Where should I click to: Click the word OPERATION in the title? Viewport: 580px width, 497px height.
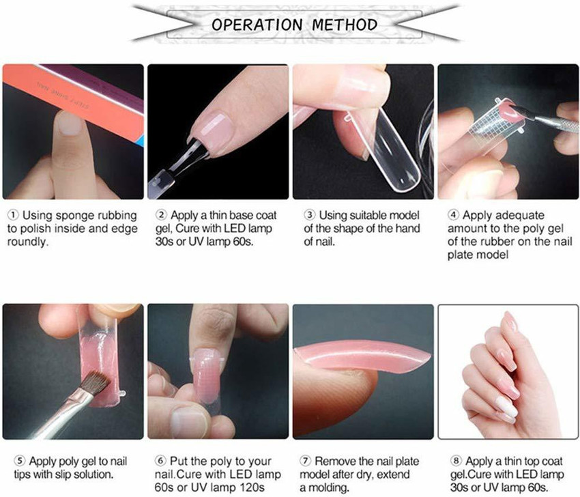point(257,25)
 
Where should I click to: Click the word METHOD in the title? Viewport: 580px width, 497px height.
point(345,25)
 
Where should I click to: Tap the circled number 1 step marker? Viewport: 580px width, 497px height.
point(14,215)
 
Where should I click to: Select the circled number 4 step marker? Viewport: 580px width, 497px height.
point(453,215)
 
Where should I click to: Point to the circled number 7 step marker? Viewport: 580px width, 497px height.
point(305,461)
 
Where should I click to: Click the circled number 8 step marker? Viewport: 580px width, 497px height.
point(456,461)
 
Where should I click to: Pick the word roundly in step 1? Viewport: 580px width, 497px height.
point(28,242)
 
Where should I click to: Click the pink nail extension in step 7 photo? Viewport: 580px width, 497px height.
point(362,356)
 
